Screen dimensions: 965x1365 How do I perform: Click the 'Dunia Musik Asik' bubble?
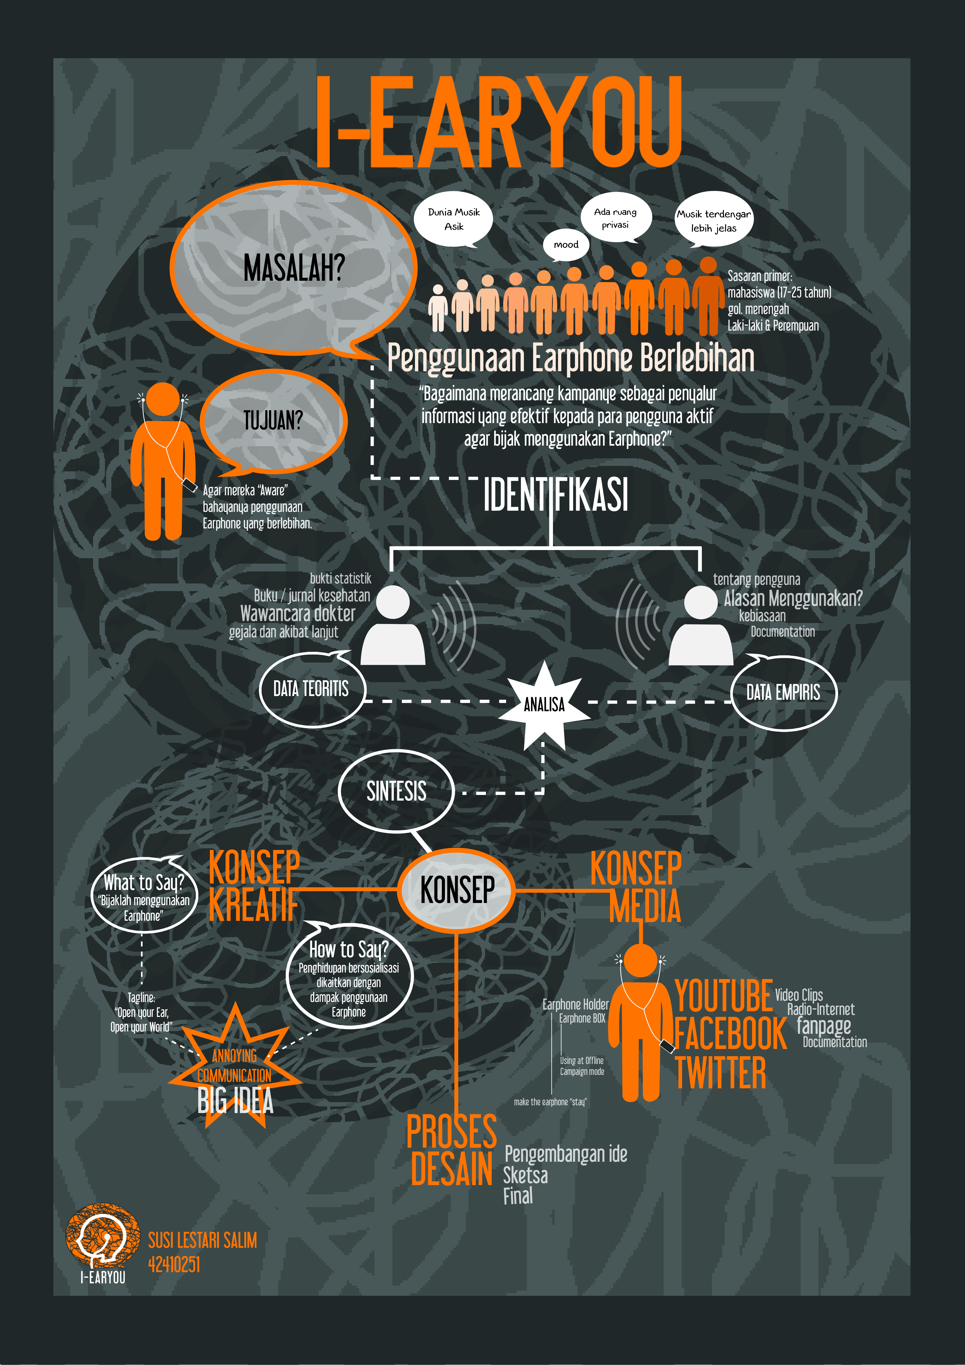click(453, 219)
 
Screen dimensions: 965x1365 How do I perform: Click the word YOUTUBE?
click(724, 996)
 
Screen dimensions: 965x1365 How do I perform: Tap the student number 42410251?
click(173, 1264)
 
